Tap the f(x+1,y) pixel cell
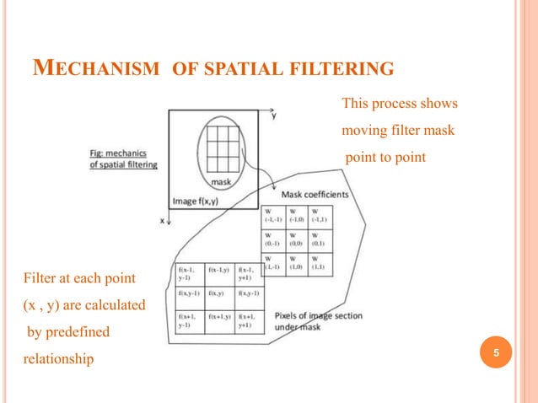[220, 320]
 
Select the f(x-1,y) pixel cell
[220, 271]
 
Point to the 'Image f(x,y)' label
[196, 201]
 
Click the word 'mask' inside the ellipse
[222, 180]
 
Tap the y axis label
[273, 116]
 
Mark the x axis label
[161, 221]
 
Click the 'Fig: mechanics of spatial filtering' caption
[118, 159]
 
